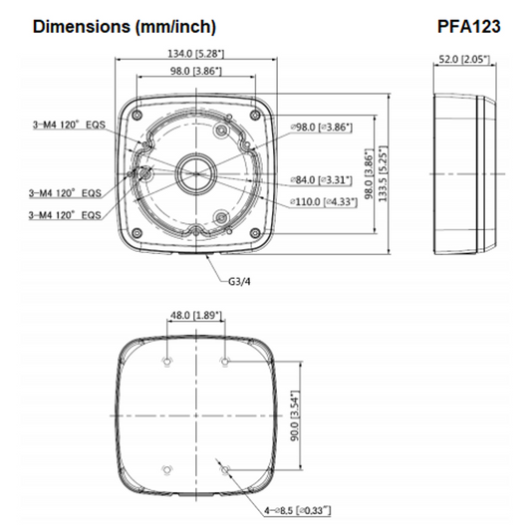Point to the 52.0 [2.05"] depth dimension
[466, 60]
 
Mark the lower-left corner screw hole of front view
[135, 233]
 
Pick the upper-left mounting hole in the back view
[165, 360]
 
